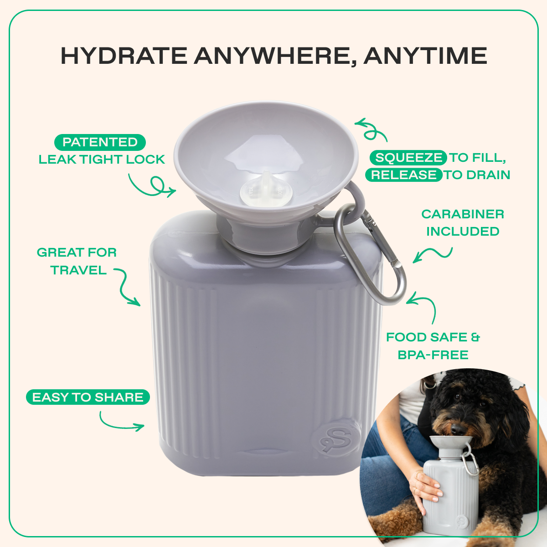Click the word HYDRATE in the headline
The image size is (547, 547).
[x=124, y=56]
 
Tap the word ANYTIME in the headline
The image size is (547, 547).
[x=425, y=56]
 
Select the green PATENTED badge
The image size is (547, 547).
[x=100, y=142]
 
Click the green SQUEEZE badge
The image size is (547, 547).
[x=408, y=158]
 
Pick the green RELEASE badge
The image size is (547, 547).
[x=403, y=175]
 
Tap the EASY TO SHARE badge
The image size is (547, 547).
[x=88, y=397]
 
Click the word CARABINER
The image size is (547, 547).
[x=462, y=214]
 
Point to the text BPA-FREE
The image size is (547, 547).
[x=433, y=355]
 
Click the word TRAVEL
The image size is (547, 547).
[x=78, y=270]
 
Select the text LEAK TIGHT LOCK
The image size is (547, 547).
[x=101, y=160]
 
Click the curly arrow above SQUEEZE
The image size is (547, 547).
[x=372, y=130]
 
